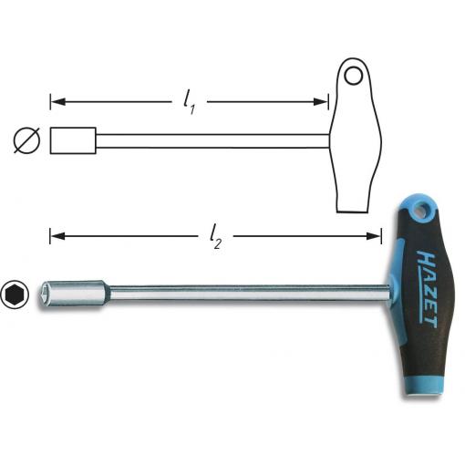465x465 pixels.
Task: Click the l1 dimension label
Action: click(x=189, y=102)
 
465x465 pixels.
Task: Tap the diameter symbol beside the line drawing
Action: click(x=26, y=140)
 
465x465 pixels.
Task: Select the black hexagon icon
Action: click(x=15, y=294)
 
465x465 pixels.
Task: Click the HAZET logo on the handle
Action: click(x=427, y=289)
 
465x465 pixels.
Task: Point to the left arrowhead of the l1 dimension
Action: click(x=57, y=102)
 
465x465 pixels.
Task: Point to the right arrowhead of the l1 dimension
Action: click(x=321, y=102)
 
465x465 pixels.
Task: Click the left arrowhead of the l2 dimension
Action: click(x=57, y=236)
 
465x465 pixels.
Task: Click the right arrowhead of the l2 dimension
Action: click(x=374, y=236)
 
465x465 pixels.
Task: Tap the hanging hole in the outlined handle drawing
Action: click(x=353, y=76)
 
